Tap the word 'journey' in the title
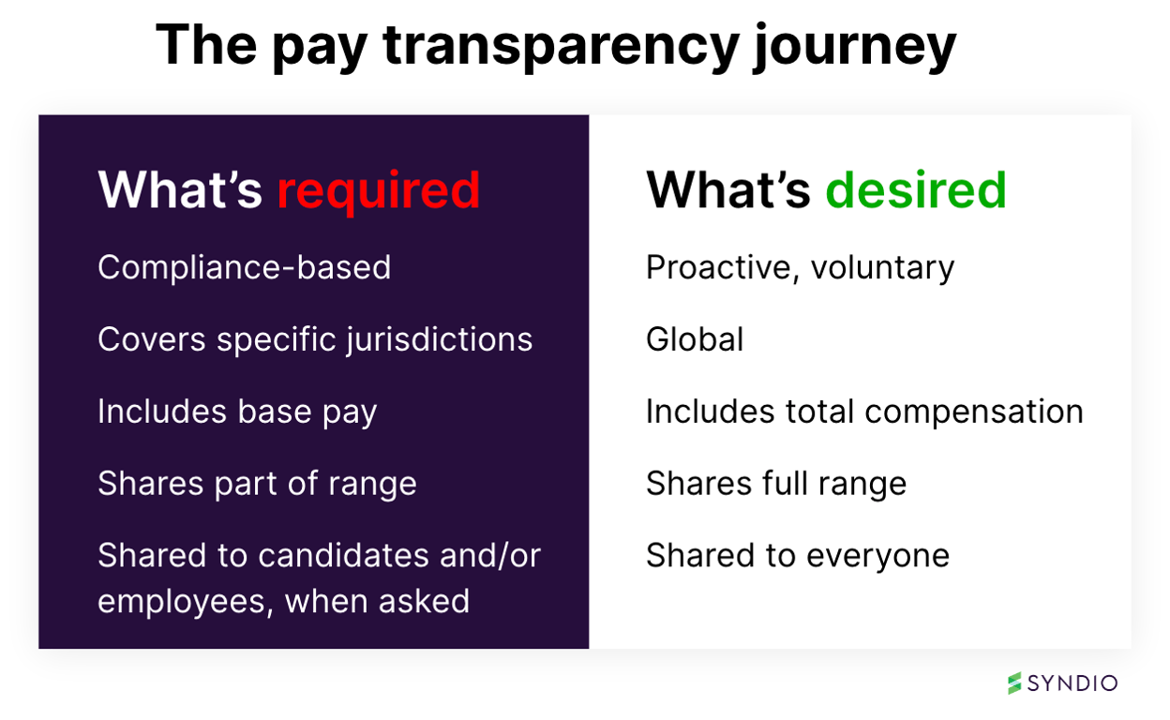[854, 47]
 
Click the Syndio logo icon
[1014, 682]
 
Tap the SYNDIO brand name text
[1072, 683]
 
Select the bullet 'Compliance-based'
[244, 268]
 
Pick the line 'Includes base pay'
[237, 412]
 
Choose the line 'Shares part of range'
[257, 484]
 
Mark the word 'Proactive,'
[723, 268]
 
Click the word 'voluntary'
[882, 269]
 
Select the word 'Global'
[695, 339]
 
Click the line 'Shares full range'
[776, 484]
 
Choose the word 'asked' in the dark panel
[427, 600]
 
